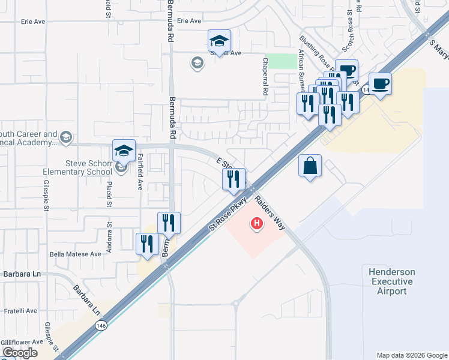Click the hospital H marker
point(257,224)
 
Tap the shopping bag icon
point(310,166)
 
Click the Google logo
point(20,353)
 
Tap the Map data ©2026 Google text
point(411,355)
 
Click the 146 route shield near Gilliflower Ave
point(100,324)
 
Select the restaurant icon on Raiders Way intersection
point(234,179)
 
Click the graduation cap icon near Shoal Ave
point(219,41)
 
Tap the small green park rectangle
point(277,61)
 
